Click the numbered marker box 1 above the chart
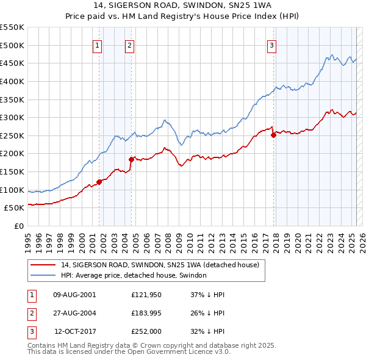pos(98,44)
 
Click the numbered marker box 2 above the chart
pos(131,44)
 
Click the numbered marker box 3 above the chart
pos(271,44)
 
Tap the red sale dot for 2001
pos(99,181)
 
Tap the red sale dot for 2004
pos(131,159)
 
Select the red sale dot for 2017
pos(273,135)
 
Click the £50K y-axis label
pos(14,207)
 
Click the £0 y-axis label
pos(18,226)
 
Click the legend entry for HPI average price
pos(134,276)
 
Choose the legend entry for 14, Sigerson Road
pos(160,265)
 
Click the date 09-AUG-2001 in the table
pos(74,295)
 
